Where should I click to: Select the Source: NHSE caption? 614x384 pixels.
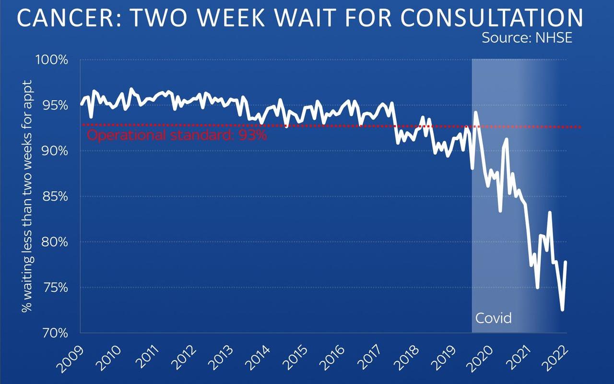pyautogui.click(x=527, y=38)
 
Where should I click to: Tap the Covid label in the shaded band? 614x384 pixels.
pyautogui.click(x=493, y=318)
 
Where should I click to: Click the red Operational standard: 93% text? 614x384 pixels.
pyautogui.click(x=177, y=135)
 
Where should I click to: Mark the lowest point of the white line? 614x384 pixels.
pyautogui.click(x=562, y=310)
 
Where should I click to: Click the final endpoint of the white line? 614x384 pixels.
pyautogui.click(x=566, y=262)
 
